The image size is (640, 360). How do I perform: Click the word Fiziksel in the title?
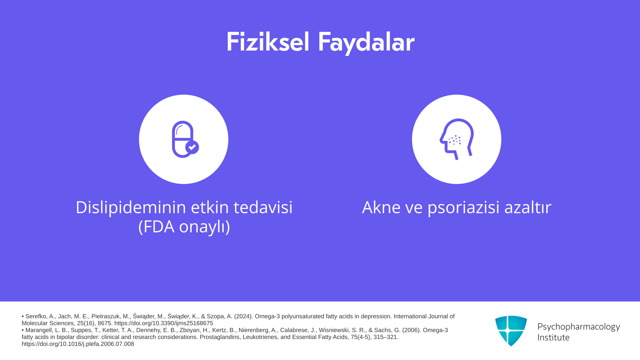268,42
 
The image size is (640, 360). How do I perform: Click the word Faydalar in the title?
366,43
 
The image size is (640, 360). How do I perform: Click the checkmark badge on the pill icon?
192,147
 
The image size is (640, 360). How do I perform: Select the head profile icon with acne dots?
457,139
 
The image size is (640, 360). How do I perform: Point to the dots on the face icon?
455,140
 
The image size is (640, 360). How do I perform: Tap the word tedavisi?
263,207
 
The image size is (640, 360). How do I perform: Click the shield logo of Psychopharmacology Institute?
511,331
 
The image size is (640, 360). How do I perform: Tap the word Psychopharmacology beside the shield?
579,327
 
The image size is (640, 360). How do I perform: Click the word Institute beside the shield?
553,337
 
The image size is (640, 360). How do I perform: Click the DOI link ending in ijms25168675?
164,323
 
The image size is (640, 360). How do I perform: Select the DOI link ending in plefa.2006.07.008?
78,344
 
